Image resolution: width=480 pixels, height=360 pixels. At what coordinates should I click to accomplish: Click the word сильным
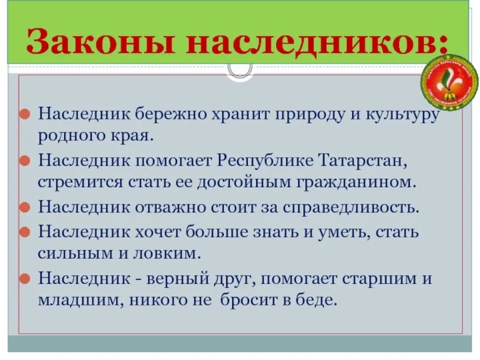[70, 253]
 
